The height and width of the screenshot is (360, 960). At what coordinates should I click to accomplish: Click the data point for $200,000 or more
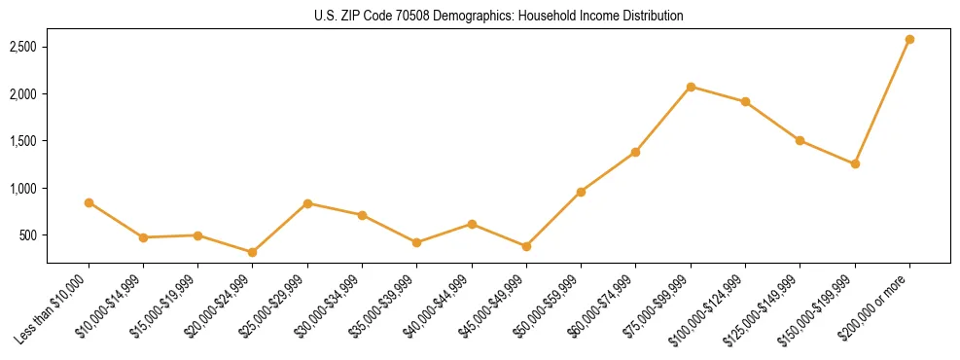(x=909, y=39)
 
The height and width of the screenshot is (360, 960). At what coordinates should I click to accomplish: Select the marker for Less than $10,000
(x=89, y=202)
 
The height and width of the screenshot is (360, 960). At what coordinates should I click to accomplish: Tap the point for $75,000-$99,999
(x=691, y=87)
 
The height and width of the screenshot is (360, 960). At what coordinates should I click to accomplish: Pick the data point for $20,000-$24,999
(x=252, y=252)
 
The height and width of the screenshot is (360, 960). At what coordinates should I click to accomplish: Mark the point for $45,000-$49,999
(x=526, y=246)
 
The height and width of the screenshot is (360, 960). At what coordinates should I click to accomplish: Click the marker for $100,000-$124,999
(x=745, y=101)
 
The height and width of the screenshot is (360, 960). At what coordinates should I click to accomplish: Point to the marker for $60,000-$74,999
(x=635, y=152)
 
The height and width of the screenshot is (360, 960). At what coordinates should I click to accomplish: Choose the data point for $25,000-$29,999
(x=307, y=203)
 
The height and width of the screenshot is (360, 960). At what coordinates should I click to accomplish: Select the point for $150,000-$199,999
(x=855, y=163)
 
